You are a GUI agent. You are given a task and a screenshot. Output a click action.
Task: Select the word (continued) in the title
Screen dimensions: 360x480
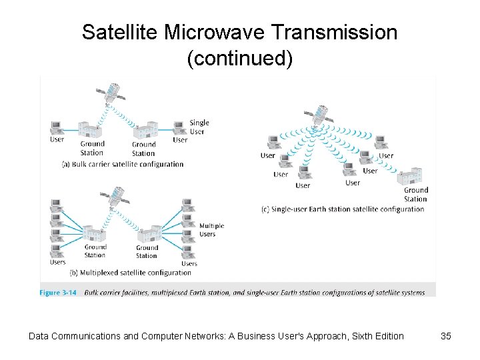(x=239, y=59)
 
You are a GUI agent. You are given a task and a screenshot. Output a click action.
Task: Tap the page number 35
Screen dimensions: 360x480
(x=446, y=336)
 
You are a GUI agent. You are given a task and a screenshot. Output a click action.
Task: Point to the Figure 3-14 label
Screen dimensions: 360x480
(x=59, y=293)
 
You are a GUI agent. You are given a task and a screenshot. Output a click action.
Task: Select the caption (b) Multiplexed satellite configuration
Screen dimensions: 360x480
(x=130, y=272)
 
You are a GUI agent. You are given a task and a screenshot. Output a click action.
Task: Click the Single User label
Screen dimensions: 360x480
(x=199, y=127)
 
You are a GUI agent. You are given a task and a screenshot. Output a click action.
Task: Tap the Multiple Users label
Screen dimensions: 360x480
(x=211, y=230)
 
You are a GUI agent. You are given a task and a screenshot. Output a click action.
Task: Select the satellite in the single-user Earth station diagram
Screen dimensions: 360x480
(x=322, y=115)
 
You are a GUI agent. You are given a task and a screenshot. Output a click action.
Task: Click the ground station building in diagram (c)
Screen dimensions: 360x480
(x=408, y=177)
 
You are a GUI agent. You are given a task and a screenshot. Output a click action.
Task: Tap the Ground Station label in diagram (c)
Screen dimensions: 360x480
(x=415, y=194)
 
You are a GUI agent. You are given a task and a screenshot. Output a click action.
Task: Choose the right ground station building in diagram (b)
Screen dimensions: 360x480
(x=148, y=235)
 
